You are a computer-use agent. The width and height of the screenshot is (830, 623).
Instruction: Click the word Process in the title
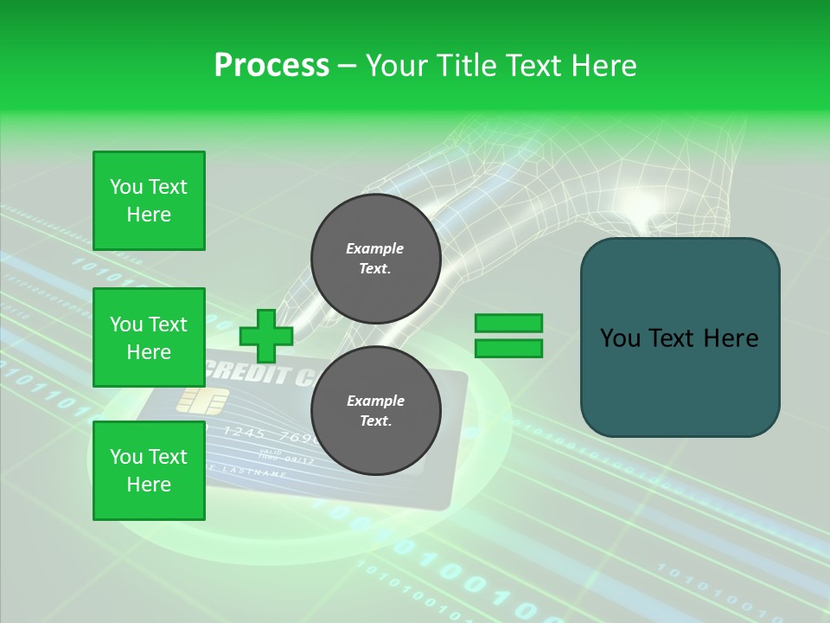[271, 66]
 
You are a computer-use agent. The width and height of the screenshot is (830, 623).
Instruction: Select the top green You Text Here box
[149, 201]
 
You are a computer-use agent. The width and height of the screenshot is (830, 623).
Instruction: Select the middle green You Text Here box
[149, 337]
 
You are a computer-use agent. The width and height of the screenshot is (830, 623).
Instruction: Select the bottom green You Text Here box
[149, 470]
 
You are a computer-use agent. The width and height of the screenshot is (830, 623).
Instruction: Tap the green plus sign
[266, 336]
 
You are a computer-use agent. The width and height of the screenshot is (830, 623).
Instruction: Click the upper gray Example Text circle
[376, 259]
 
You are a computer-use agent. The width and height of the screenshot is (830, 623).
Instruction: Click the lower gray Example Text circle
[376, 411]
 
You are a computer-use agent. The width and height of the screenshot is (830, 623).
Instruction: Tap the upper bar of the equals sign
[508, 324]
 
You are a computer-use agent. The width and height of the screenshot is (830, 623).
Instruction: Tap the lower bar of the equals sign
[508, 348]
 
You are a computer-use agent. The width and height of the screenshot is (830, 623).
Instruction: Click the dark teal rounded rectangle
[680, 337]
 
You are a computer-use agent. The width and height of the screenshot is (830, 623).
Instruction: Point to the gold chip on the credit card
[202, 400]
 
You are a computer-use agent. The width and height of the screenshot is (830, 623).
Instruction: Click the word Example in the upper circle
[374, 248]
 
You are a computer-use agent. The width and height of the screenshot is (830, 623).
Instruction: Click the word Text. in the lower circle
[374, 421]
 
